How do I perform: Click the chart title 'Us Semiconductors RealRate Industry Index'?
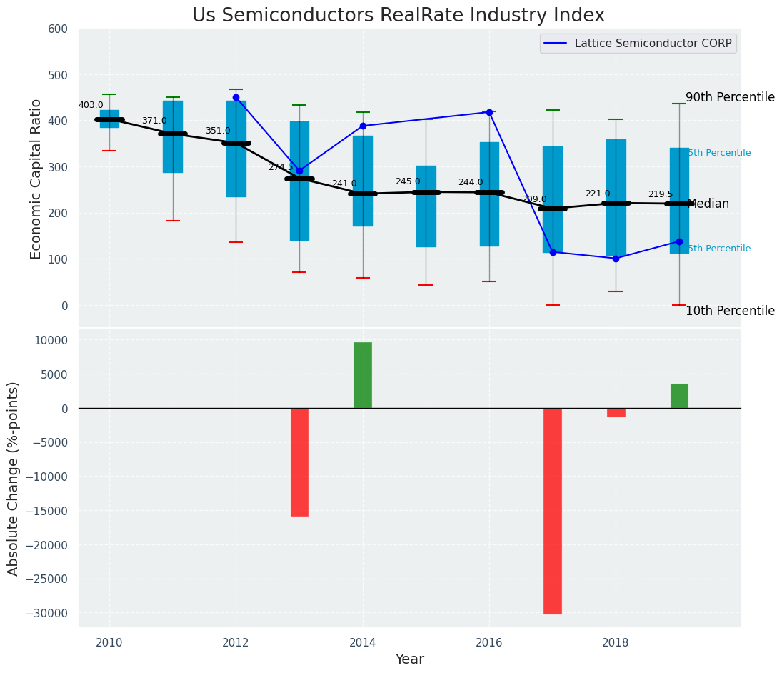click(398, 16)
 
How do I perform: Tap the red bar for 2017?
click(552, 511)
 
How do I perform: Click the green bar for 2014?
click(363, 375)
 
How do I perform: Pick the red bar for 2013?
click(299, 462)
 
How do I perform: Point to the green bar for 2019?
click(679, 396)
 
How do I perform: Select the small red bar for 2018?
click(616, 412)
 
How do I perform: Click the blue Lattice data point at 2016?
click(489, 112)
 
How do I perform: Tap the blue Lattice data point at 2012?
click(236, 97)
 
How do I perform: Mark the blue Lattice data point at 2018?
click(616, 259)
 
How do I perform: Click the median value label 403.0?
click(91, 106)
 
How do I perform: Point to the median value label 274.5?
click(281, 167)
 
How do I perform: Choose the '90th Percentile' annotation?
click(730, 98)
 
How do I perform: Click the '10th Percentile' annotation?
click(730, 311)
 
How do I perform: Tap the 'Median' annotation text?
click(708, 204)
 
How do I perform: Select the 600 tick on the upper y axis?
click(58, 29)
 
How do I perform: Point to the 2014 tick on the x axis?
click(363, 642)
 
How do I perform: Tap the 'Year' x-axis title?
click(410, 659)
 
